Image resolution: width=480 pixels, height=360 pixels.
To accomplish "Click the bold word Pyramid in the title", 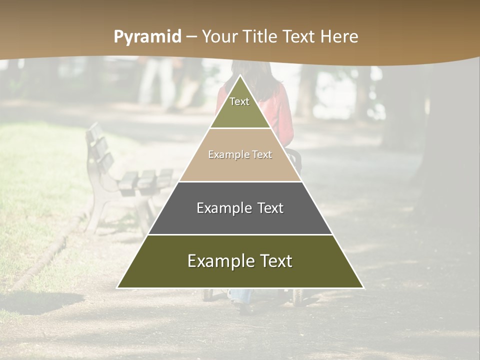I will [x=147, y=37].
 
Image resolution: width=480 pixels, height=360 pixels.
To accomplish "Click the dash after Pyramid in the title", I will [x=191, y=37].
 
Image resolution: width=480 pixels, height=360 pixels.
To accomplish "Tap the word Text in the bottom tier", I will [x=274, y=261].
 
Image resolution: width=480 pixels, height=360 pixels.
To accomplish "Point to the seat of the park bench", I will [x=145, y=180].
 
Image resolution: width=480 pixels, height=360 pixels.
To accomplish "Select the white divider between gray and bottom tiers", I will [x=240, y=234].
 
